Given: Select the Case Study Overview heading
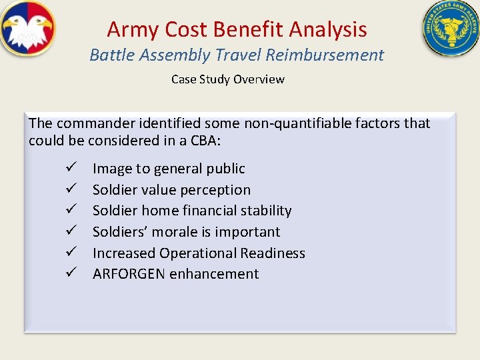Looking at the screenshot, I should (227, 79).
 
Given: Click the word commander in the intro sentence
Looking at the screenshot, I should (94, 123).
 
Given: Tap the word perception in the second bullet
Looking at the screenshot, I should (217, 190).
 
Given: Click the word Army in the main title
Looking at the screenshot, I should (126, 29).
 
